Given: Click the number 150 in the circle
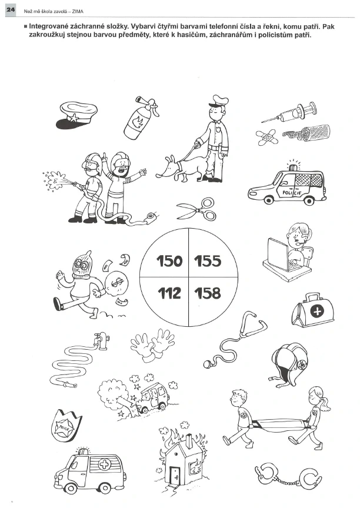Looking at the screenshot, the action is click(x=169, y=261).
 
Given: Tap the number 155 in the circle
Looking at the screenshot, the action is click(x=208, y=261).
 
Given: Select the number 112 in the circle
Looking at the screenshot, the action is click(x=169, y=293).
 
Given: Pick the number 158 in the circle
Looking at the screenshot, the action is click(x=208, y=293).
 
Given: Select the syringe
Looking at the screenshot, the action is click(x=289, y=112).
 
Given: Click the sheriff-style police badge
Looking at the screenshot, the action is click(x=65, y=426).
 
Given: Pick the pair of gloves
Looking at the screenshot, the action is click(x=152, y=345).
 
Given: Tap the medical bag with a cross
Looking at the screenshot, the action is click(x=312, y=310).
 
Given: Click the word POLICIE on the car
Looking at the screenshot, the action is click(x=292, y=193).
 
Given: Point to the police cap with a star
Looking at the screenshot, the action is click(x=77, y=115).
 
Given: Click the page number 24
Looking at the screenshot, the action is click(x=11, y=10).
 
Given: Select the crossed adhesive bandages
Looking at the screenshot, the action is click(x=267, y=137).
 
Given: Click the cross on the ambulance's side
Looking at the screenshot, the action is click(x=104, y=464).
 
